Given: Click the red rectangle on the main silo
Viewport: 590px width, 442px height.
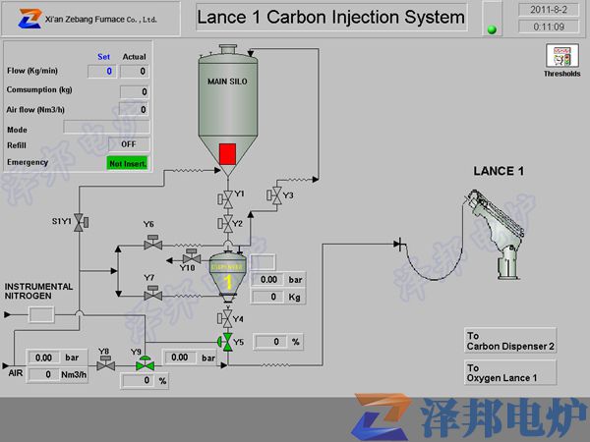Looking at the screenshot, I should click(x=228, y=153).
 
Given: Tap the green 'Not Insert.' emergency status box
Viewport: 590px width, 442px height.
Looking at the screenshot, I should click(x=128, y=162).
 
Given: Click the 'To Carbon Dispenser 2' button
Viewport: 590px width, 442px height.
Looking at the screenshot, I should click(x=510, y=341).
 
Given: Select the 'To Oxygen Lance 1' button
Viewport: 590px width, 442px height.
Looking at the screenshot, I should click(x=510, y=371).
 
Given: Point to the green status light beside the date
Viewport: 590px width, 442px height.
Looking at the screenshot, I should click(x=491, y=28).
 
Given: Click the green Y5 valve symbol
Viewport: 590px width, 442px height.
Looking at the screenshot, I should click(x=226, y=341).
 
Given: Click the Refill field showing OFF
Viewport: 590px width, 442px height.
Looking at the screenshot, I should click(x=128, y=144).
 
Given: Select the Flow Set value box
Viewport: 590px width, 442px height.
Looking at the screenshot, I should click(x=102, y=71).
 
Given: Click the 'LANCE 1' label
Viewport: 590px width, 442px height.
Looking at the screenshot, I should click(x=499, y=171).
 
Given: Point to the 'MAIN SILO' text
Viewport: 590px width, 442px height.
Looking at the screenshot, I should click(x=227, y=81).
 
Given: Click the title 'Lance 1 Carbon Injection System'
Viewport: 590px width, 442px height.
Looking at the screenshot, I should click(x=330, y=17).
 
